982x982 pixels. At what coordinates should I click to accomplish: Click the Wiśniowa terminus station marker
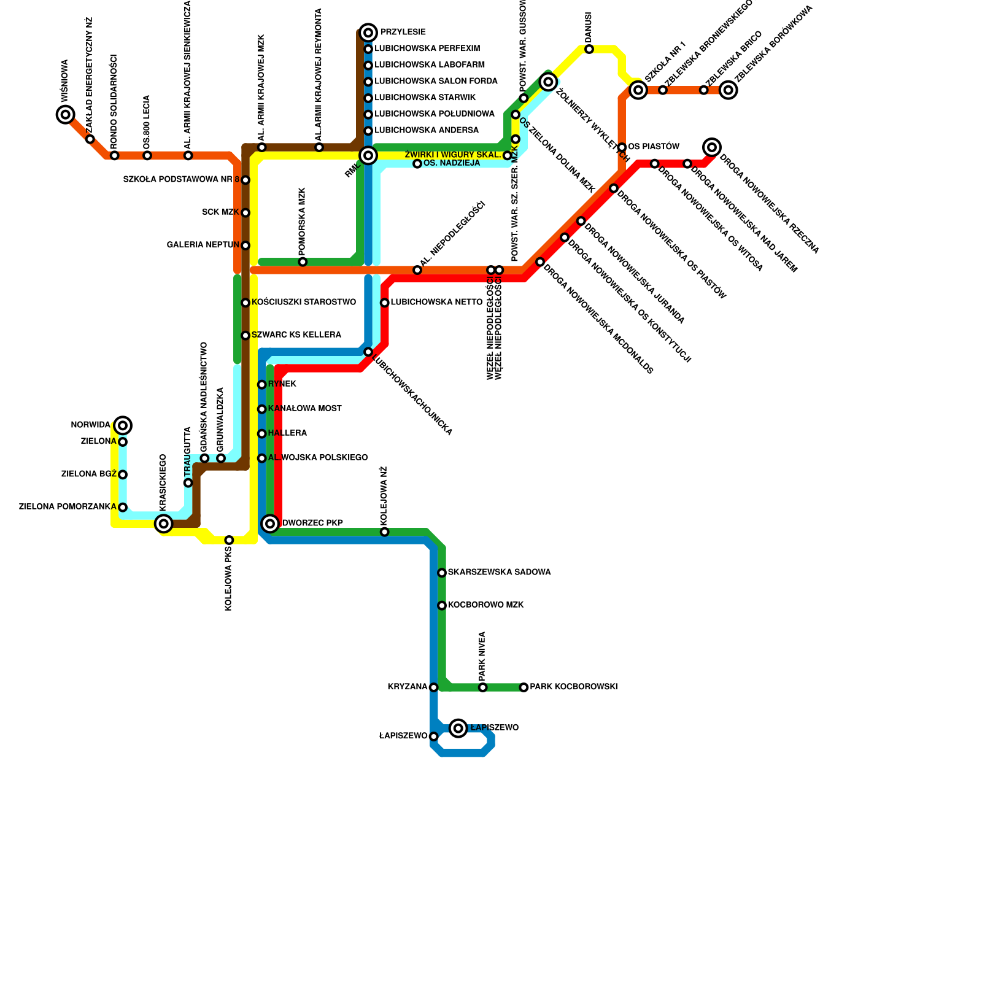tap(65, 115)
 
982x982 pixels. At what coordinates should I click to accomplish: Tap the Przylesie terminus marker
tap(368, 33)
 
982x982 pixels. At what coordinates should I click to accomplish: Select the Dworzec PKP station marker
tap(270, 524)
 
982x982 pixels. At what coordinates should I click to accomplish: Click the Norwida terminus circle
tap(123, 425)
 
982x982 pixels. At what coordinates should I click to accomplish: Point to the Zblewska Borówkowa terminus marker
tap(729, 90)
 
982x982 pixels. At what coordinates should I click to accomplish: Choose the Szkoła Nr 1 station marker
tap(639, 90)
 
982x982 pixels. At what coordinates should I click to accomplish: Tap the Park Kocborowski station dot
tap(524, 687)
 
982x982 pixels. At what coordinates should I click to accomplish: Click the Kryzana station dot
tap(434, 687)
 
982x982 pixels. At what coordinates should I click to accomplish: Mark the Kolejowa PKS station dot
tap(229, 540)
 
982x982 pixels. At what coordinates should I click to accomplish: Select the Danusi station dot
tap(589, 49)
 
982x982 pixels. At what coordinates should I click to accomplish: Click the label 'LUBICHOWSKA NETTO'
tap(436, 303)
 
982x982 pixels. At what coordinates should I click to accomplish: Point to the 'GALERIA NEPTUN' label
tap(203, 245)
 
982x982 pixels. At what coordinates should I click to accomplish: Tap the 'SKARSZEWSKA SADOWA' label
tap(499, 573)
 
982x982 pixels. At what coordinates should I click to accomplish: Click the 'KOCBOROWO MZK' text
tap(485, 605)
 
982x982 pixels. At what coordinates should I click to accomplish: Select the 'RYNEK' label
tap(282, 384)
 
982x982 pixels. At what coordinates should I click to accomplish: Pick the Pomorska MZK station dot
tap(303, 262)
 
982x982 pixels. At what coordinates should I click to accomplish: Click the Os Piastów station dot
tap(622, 147)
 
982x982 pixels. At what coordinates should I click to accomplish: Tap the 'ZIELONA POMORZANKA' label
tap(68, 507)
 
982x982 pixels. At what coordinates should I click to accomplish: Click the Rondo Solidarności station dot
tap(115, 155)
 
